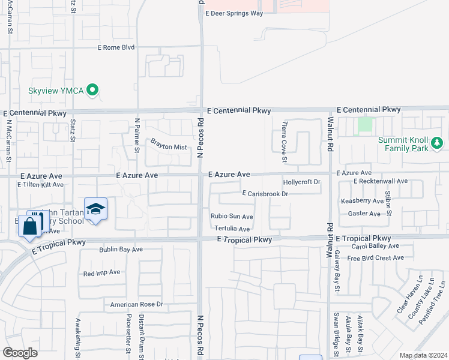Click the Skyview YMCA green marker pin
point(92,91)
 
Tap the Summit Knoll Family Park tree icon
point(438,143)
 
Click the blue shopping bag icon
point(29,227)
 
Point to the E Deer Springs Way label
point(234,13)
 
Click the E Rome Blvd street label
point(116,47)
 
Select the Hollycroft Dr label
point(302,182)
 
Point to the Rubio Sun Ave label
point(231,217)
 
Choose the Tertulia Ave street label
point(232,229)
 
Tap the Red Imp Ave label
point(101,272)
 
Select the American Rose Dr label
point(136,305)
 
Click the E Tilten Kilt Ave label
point(40,185)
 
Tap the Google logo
point(20,353)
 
